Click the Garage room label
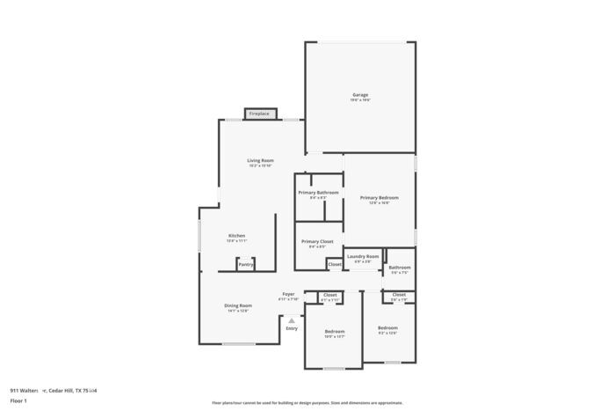coord(360,95)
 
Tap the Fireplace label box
coord(259,114)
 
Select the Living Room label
coord(260,161)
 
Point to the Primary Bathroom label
coord(318,193)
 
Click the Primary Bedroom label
coord(380,198)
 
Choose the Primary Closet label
coord(317,241)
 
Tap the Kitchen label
coord(237,236)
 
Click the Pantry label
coord(246,264)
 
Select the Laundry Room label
coord(363,256)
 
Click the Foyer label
coord(288,294)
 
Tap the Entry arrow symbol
coord(292,319)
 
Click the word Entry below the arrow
coord(292,328)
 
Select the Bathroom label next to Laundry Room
coord(400,268)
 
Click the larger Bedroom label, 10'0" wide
coord(335,332)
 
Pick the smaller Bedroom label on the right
coord(387,328)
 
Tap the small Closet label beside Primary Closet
coord(335,264)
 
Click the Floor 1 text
coord(19,400)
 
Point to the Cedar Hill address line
coord(54,390)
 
